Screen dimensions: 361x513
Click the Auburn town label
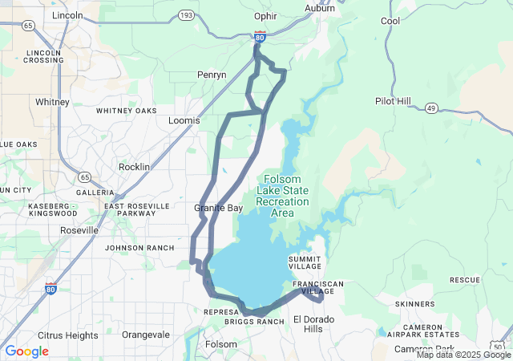point(320,8)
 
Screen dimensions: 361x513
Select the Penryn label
point(212,75)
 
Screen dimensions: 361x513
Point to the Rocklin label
point(135,166)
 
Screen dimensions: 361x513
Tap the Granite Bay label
point(218,208)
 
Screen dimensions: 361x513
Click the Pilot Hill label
point(394,101)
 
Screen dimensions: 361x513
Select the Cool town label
point(390,21)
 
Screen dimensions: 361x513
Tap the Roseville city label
point(79,230)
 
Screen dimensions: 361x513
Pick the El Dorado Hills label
point(312,324)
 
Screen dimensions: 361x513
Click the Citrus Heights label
point(68,335)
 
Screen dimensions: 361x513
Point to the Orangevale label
point(146,335)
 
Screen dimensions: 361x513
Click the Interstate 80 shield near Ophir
point(260,36)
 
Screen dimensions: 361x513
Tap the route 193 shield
point(186,15)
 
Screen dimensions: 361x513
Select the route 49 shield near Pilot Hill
point(431,108)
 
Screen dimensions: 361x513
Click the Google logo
point(27,351)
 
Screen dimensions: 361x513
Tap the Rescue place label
point(464,280)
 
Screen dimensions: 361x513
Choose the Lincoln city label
point(67,15)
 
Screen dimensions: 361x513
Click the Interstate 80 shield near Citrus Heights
point(51,288)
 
